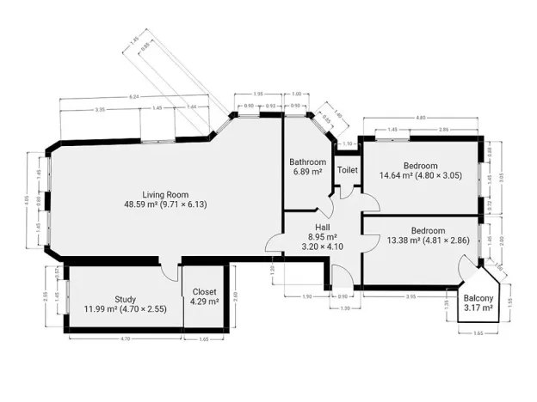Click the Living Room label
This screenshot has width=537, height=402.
165,194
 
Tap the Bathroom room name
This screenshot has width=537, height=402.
307,162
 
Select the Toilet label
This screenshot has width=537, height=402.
347,170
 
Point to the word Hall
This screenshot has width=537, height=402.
322,227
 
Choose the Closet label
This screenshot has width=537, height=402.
204,291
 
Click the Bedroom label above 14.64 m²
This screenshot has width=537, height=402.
421,166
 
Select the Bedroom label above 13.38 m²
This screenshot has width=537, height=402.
427,230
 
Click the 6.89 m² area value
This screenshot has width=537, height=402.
307,172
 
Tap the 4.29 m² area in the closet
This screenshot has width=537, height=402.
204,301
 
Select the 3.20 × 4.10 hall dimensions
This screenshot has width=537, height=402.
323,247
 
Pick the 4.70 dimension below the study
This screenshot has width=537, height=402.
124,339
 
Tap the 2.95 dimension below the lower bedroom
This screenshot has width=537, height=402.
410,296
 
